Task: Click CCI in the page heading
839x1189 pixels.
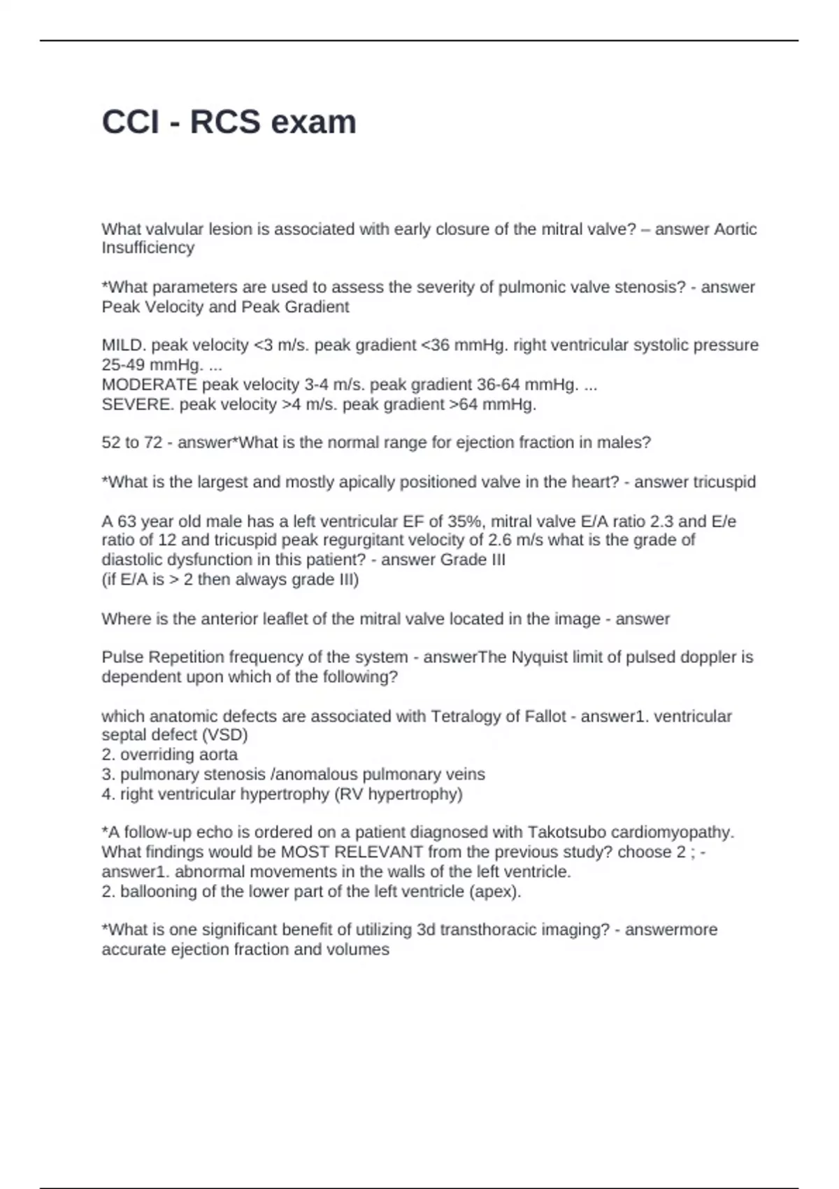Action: (x=130, y=122)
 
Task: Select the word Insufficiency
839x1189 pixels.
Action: (x=148, y=248)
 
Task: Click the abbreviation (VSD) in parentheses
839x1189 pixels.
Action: (x=224, y=735)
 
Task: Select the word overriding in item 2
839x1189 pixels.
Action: (x=155, y=755)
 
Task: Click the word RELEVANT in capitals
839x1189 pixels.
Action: (x=379, y=852)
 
